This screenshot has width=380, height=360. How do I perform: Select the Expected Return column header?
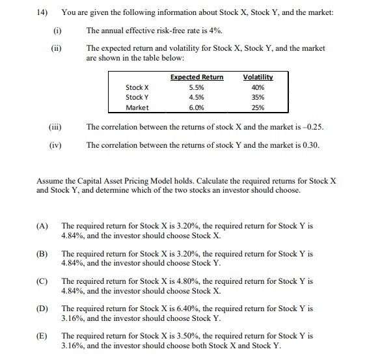[x=197, y=77]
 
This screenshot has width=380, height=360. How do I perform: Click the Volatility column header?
[x=258, y=77]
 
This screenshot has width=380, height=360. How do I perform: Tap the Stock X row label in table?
[x=137, y=87]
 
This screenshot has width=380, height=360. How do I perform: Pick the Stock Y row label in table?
[x=137, y=98]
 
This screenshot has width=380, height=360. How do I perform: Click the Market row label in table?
[x=137, y=108]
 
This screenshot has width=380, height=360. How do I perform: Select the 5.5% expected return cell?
[x=196, y=87]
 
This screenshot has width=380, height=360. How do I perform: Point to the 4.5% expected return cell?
[x=196, y=98]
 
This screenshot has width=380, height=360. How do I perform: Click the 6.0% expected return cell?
[x=196, y=108]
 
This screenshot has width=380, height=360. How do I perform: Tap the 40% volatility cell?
[x=258, y=87]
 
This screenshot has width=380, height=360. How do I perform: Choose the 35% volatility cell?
[x=258, y=98]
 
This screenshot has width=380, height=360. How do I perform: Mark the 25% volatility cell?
[x=258, y=108]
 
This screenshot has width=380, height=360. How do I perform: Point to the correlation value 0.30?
[x=312, y=145]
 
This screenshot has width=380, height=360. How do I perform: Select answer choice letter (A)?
[x=42, y=227]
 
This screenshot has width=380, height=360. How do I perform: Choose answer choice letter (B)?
[x=42, y=254]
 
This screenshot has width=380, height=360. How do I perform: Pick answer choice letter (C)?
[x=42, y=281]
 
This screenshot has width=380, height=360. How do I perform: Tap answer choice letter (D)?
[x=42, y=309]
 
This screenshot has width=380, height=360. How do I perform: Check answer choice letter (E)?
[x=42, y=336]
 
